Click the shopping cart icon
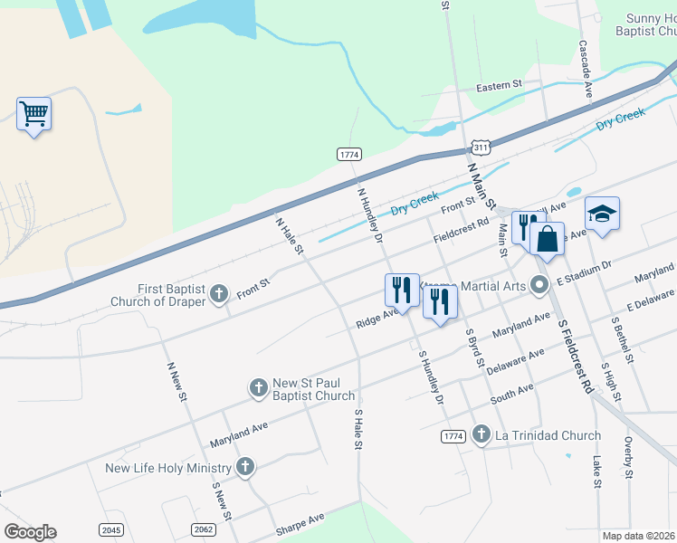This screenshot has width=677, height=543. click(33, 114)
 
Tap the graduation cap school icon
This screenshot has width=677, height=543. click(602, 214)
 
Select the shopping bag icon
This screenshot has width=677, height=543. click(547, 240)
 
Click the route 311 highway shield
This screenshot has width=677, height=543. click(482, 147)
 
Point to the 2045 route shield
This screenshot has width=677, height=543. click(111, 529)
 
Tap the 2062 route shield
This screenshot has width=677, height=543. click(203, 529)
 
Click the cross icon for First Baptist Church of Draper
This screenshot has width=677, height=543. click(218, 293)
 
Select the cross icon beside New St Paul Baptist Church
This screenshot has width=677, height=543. click(258, 388)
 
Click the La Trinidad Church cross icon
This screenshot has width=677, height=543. click(481, 435)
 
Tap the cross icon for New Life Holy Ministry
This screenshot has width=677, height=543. click(243, 468)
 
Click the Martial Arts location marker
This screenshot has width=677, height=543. click(540, 286)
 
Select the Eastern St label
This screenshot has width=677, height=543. click(500, 85)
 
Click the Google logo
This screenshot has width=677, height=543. click(30, 532)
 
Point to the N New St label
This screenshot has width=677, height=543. click(176, 383)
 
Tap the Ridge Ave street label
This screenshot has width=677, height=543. click(377, 318)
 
